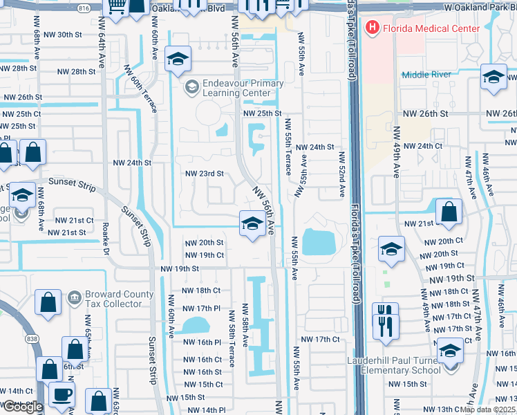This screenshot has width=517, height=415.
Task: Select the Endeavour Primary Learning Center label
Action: [x=243, y=88]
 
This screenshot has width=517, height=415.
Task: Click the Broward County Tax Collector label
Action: [x=119, y=299]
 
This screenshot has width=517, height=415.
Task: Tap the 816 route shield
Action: [x=84, y=8]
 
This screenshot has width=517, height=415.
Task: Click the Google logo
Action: [x=22, y=407]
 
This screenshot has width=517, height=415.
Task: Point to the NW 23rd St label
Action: [x=204, y=174]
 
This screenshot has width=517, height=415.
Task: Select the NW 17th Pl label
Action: [x=200, y=308]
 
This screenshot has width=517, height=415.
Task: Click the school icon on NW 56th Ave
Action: [x=250, y=223]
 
